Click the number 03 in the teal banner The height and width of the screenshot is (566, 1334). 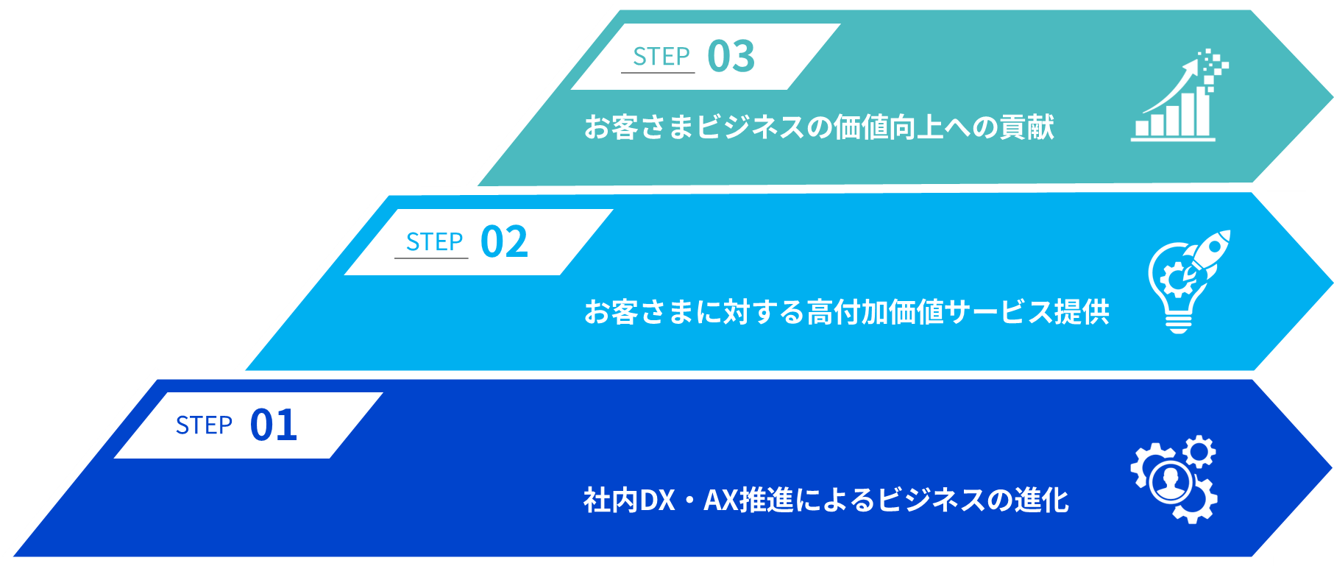[x=731, y=57]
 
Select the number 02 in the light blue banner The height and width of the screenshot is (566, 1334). [x=504, y=242]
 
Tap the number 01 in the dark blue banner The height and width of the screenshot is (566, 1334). [x=274, y=425]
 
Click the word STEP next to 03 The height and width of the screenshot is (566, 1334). [x=661, y=57]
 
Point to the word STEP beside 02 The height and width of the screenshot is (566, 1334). [x=434, y=242]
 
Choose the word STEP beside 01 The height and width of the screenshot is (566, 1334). [x=204, y=425]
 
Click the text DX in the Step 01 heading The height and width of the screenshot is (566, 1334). [x=657, y=500]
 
